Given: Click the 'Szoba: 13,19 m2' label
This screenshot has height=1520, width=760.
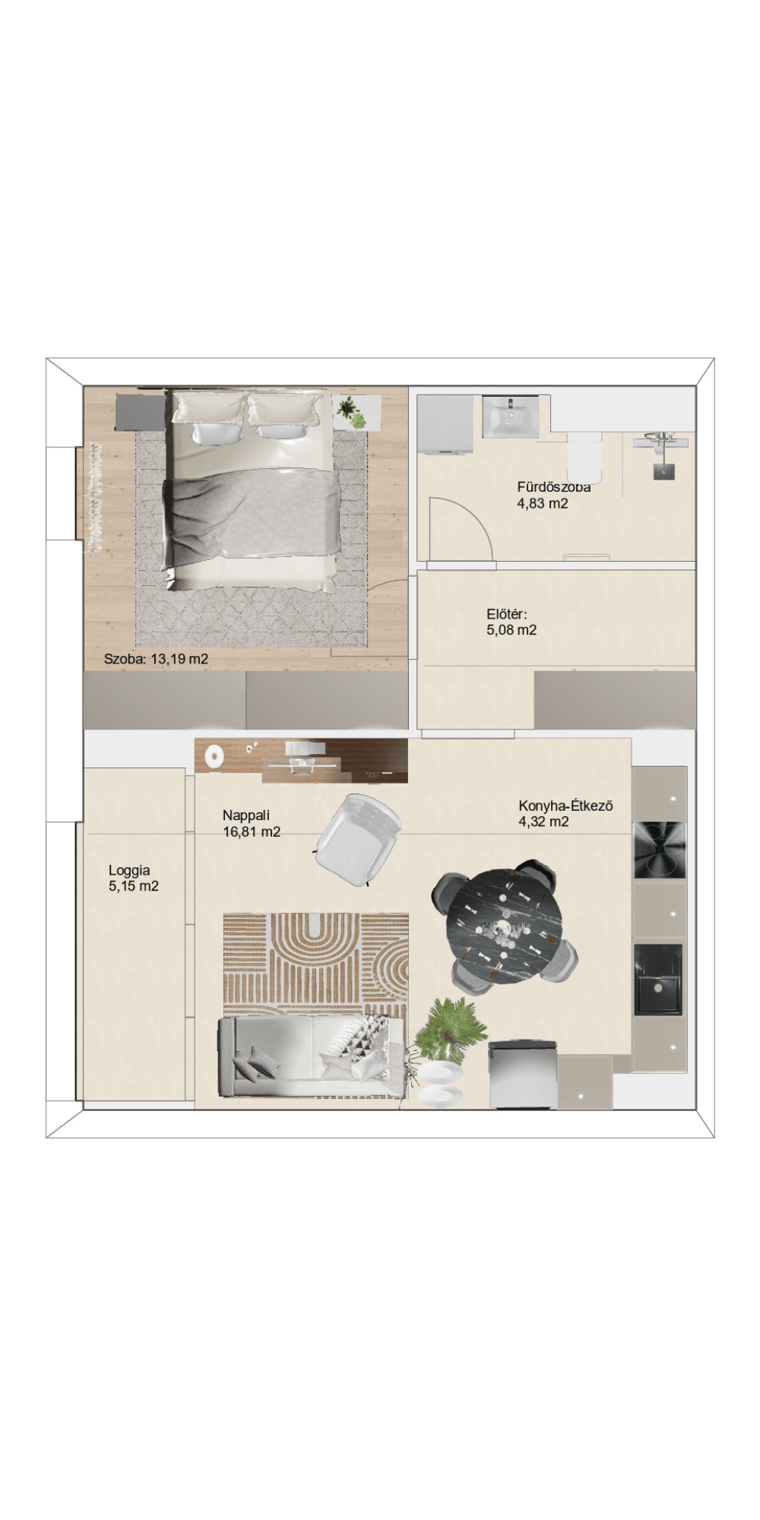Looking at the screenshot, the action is point(156,659).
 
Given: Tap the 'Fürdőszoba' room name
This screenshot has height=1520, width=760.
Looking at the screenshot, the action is point(554,487).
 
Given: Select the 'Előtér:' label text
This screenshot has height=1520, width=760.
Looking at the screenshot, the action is point(507,614).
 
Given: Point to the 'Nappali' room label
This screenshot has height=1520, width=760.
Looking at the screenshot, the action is point(246,815).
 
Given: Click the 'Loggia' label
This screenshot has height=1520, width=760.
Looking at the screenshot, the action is point(129,871).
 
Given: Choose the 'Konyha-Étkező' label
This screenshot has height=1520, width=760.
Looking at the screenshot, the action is point(566,806).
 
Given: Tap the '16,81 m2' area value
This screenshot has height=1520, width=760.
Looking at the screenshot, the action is point(252,832).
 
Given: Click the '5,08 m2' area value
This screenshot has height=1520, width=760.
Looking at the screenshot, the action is point(511,630).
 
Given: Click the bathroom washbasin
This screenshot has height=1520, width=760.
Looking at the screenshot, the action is point(511,416).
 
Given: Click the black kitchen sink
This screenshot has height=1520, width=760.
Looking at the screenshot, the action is point(658,980).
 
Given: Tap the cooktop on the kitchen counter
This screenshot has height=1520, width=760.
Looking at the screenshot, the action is point(660,852).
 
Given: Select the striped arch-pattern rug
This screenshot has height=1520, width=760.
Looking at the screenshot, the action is point(316,970).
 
